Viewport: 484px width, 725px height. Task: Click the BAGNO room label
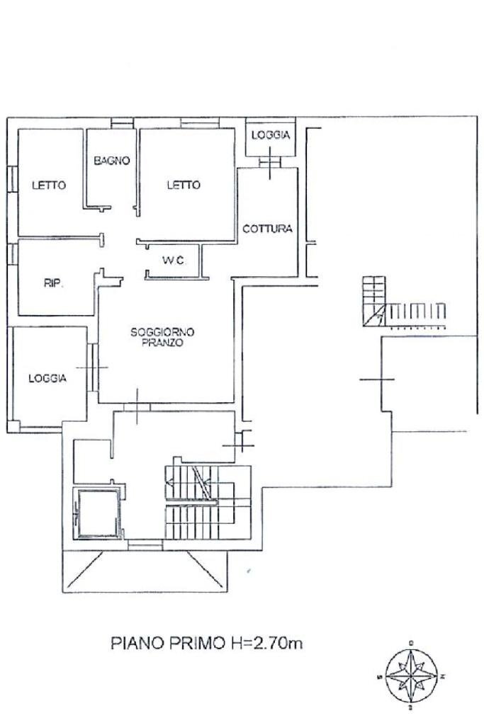click(x=112, y=161)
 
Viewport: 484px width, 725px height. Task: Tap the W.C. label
click(x=174, y=261)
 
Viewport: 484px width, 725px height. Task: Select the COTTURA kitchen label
click(x=267, y=229)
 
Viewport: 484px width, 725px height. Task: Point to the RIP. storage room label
click(x=54, y=283)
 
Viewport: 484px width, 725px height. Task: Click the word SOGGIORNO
click(x=162, y=332)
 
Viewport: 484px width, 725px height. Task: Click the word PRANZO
click(x=162, y=343)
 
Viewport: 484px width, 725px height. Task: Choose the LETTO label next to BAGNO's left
click(x=49, y=185)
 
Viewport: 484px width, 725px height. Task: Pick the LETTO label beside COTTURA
click(x=184, y=185)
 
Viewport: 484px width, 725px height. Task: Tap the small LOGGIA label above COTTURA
click(x=271, y=135)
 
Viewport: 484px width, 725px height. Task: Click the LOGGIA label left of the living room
click(x=47, y=378)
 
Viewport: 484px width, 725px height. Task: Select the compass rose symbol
click(x=411, y=677)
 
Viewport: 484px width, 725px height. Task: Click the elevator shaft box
click(x=98, y=513)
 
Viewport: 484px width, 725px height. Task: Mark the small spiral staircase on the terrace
click(x=374, y=302)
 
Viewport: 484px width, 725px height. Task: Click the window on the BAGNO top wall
click(x=122, y=123)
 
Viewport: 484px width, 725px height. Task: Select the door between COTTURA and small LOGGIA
click(x=270, y=162)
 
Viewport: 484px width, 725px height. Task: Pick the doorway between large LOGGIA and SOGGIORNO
click(x=93, y=367)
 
